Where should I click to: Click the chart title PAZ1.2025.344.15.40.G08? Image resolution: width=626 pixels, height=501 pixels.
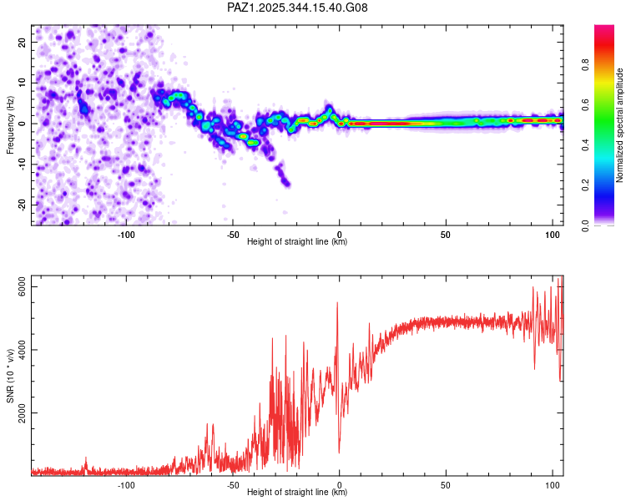(x=297, y=8)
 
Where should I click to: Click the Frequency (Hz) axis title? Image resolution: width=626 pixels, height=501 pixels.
(x=10, y=124)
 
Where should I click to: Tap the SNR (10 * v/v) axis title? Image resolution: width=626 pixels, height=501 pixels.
(x=10, y=377)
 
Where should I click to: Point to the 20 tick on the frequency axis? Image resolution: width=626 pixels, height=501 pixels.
(x=22, y=42)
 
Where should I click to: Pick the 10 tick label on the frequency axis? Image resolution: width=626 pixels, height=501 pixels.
(x=22, y=83)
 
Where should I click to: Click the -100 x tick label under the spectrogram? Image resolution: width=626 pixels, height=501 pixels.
(x=126, y=235)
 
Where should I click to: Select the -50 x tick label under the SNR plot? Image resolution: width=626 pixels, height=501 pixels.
(x=233, y=485)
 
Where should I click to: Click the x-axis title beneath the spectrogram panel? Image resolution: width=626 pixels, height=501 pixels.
(x=297, y=242)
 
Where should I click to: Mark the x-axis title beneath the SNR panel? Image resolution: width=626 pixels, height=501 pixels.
(x=297, y=493)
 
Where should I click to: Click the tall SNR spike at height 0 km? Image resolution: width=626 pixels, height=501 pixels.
(x=337, y=304)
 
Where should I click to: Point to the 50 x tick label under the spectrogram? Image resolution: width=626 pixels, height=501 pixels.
(x=446, y=235)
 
